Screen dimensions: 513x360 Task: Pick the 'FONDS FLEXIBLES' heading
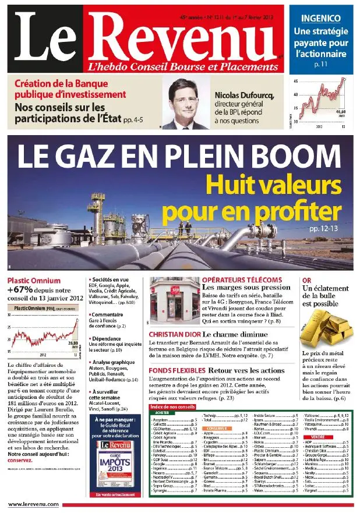click(175, 370)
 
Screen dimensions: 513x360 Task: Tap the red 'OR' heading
click(306, 280)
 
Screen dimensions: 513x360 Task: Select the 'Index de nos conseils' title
click(172, 406)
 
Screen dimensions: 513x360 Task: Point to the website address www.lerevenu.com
click(33, 504)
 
